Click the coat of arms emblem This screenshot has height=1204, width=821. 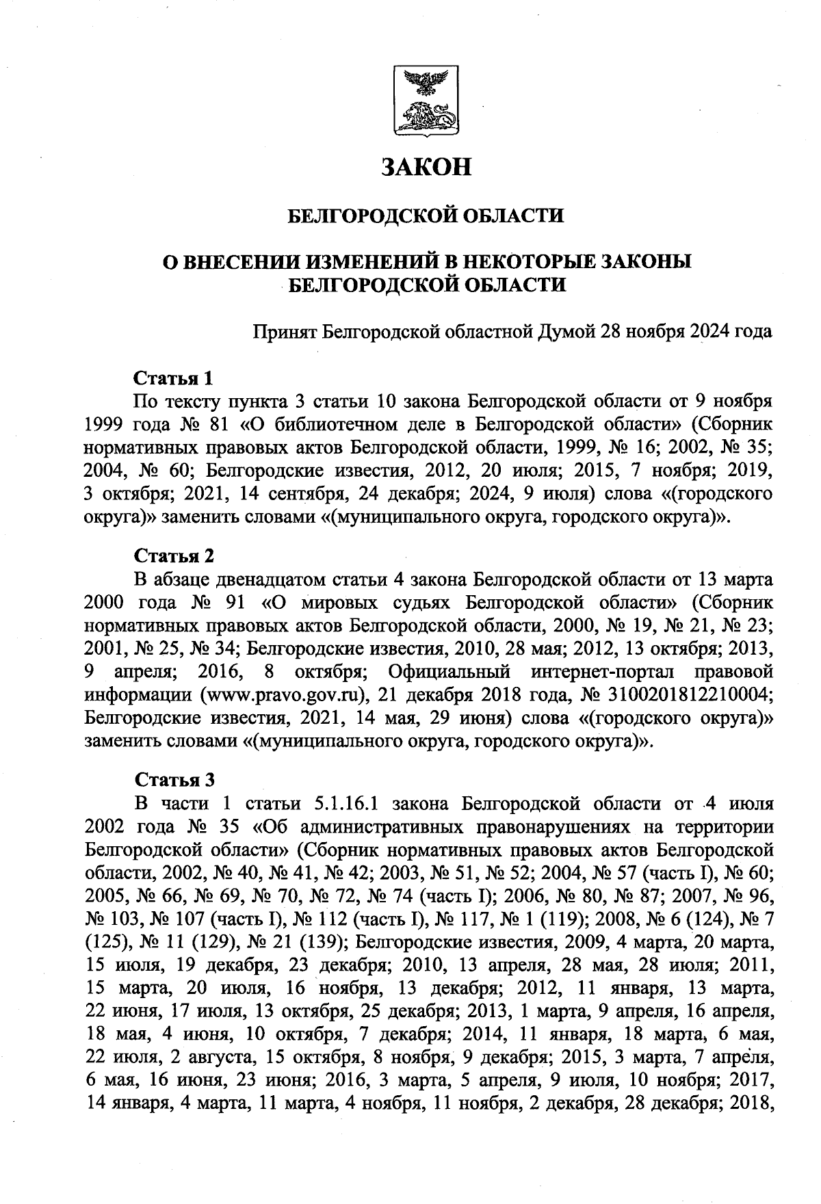(426, 99)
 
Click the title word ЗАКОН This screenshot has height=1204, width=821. (426, 166)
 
